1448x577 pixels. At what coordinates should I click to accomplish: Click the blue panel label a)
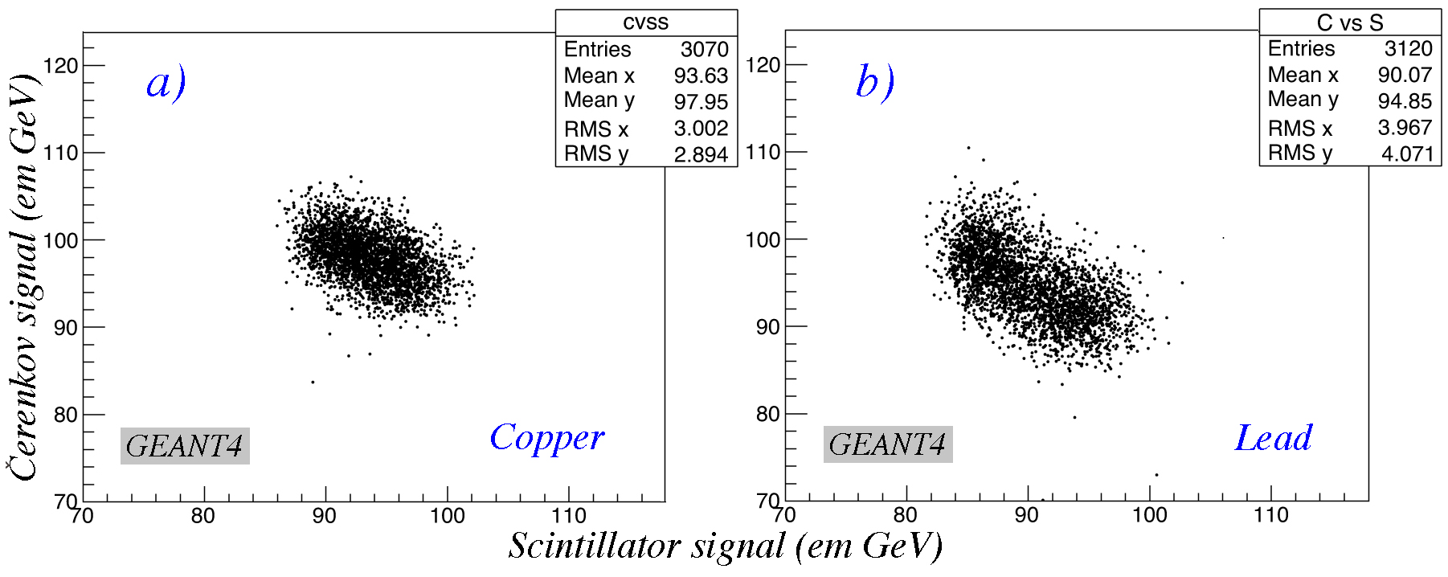(166, 83)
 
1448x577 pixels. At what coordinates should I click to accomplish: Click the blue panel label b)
(875, 82)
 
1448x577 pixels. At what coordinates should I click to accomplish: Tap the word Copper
(546, 439)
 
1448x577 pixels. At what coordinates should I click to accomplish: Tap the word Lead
(1273, 439)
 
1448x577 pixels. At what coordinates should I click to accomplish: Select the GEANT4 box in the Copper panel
(185, 446)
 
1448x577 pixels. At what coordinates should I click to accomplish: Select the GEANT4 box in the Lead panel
(888, 444)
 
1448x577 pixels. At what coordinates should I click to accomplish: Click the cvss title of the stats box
(645, 23)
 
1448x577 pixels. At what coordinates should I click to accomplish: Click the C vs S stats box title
(1349, 23)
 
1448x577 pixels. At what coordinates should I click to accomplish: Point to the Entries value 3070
(704, 50)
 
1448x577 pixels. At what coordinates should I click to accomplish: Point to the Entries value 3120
(1408, 49)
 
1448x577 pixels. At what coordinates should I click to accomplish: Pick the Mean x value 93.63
(701, 76)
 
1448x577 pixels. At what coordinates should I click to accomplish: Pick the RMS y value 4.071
(1406, 153)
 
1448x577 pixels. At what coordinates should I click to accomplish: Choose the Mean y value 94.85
(1405, 101)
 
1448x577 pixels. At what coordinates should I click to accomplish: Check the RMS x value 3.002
(701, 129)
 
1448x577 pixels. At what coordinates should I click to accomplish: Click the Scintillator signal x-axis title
(725, 546)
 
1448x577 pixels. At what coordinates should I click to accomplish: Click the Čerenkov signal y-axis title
(24, 277)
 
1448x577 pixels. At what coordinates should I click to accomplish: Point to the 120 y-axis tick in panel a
(61, 66)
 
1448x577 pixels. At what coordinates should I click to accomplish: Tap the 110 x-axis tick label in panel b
(1270, 515)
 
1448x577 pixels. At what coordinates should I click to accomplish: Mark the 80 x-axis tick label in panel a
(203, 516)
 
